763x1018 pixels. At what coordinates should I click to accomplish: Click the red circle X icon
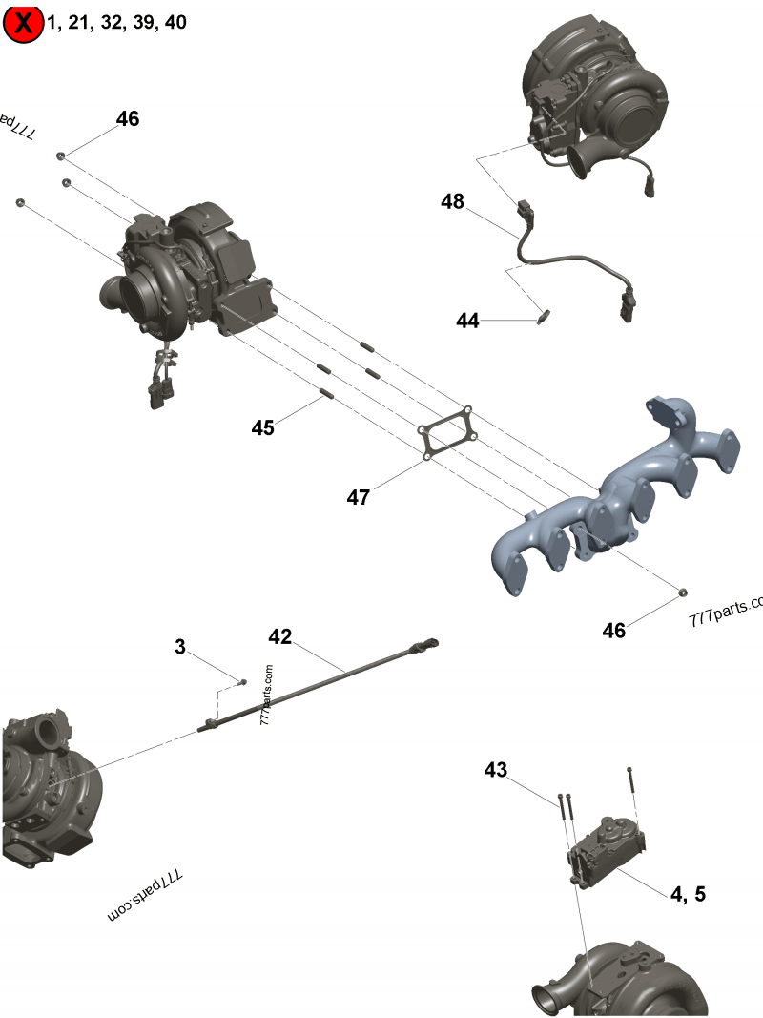click(23, 24)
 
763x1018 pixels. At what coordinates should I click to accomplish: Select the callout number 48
click(452, 201)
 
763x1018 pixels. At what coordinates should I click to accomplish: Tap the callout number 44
click(467, 322)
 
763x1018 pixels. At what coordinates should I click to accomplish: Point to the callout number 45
click(263, 427)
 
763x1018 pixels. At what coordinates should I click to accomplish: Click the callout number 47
click(358, 497)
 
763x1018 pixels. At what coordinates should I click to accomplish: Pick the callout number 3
click(180, 647)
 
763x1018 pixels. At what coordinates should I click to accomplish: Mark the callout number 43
click(496, 769)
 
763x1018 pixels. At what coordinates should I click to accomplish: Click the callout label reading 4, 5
click(688, 894)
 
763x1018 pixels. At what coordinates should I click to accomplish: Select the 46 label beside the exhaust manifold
click(614, 631)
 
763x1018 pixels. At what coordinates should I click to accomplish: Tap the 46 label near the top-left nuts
click(128, 119)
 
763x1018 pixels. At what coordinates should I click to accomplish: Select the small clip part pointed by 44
click(546, 316)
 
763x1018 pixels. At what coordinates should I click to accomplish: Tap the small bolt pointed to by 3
click(242, 682)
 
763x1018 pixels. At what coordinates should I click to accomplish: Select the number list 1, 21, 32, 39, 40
click(116, 23)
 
